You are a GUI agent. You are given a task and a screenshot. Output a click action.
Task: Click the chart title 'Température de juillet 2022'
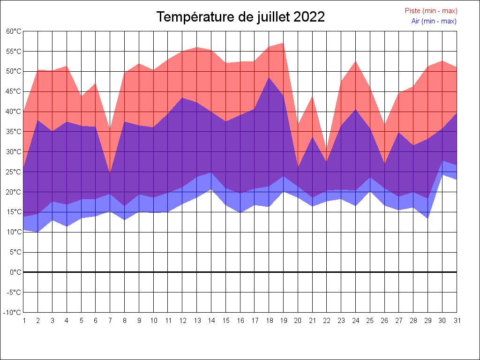[x=240, y=17]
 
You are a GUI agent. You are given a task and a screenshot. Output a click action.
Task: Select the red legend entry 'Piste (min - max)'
[x=431, y=11]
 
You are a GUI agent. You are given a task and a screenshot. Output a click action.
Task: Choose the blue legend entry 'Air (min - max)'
[x=434, y=21]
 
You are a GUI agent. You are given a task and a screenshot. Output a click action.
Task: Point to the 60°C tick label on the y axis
[x=14, y=31]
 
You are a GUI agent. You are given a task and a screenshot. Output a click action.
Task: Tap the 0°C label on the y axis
[x=15, y=272]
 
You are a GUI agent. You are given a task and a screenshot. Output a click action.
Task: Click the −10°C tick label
[x=13, y=313]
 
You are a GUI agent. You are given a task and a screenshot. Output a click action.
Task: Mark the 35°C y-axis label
[x=14, y=132]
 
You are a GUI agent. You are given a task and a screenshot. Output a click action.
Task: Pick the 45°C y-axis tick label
[x=14, y=91]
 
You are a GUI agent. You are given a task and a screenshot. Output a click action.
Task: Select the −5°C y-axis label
[x=14, y=292]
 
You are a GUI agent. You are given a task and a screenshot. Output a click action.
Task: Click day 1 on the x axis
[x=23, y=321]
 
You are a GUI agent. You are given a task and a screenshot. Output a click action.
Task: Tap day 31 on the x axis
[x=456, y=321]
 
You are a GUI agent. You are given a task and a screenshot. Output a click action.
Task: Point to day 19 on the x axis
[x=283, y=321]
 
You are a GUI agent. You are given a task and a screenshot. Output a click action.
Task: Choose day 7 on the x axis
[x=110, y=321]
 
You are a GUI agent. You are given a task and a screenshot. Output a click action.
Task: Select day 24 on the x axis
[x=355, y=321]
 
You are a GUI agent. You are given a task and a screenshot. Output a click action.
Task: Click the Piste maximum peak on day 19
[x=283, y=43]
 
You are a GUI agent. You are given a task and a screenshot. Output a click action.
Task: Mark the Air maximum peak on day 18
[x=269, y=78]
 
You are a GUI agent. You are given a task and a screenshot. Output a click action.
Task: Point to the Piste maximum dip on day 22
[x=326, y=149]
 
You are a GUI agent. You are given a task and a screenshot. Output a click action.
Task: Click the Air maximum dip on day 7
[x=110, y=174]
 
